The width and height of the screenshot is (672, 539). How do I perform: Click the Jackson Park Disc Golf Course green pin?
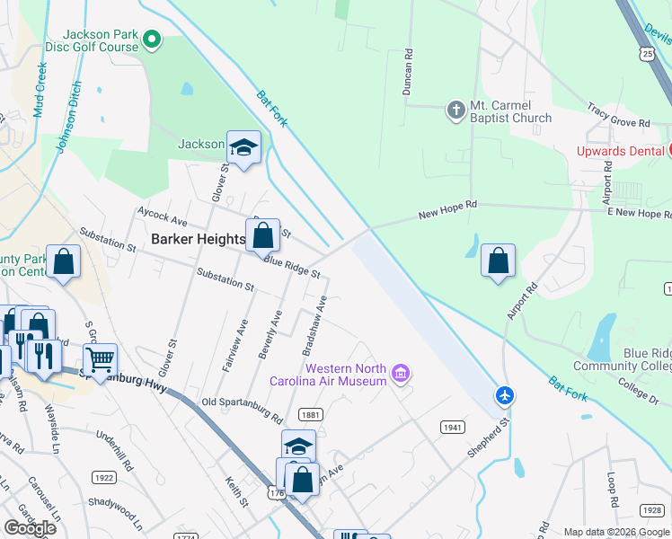[x=152, y=39]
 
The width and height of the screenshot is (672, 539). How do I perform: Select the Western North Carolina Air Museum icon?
[x=401, y=373]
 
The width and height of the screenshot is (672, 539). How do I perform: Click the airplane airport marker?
[x=505, y=395]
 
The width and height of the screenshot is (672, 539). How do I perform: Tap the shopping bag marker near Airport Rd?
[x=498, y=261]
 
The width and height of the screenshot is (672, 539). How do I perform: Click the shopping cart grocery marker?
[x=100, y=360]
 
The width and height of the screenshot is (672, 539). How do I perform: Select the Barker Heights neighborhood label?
[x=198, y=239]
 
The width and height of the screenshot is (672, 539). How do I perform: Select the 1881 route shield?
[x=312, y=414]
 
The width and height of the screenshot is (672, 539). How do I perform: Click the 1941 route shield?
[x=452, y=428]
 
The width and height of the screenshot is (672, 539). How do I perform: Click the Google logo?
[x=30, y=527]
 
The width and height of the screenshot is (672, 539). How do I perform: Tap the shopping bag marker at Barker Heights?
[x=262, y=236]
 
